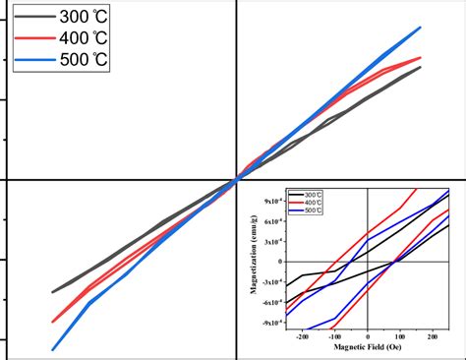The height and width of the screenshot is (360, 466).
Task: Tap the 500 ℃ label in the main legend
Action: coord(85,60)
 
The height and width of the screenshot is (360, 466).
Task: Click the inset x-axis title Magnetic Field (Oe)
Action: coord(367,348)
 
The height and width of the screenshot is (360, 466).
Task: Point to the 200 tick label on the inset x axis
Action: coord(433,337)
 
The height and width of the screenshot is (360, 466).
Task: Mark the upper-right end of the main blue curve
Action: coord(421,28)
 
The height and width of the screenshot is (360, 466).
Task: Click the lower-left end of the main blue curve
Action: coord(52,348)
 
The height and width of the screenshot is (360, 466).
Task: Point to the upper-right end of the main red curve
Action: coord(421,58)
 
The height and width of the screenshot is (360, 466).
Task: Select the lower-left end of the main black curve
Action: coord(53,292)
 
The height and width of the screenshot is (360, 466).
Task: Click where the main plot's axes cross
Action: coord(236,180)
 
